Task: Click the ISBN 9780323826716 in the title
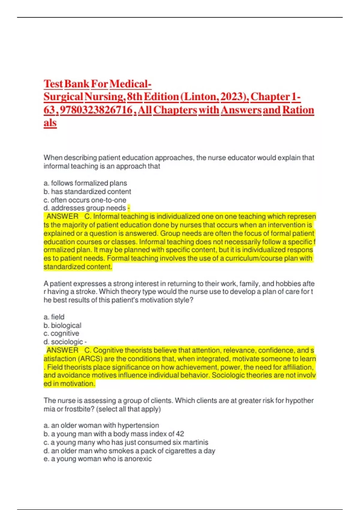click(96, 110)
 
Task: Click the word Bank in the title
click(77, 84)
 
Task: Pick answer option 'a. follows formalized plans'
click(85, 183)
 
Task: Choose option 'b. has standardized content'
click(87, 191)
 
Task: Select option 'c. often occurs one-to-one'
click(85, 200)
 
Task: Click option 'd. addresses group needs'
click(85, 208)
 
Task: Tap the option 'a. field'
click(54, 317)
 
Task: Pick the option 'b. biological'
click(62, 325)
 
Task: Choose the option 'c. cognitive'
click(61, 333)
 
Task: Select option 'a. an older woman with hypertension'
click(101, 425)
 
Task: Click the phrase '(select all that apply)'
click(128, 409)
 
